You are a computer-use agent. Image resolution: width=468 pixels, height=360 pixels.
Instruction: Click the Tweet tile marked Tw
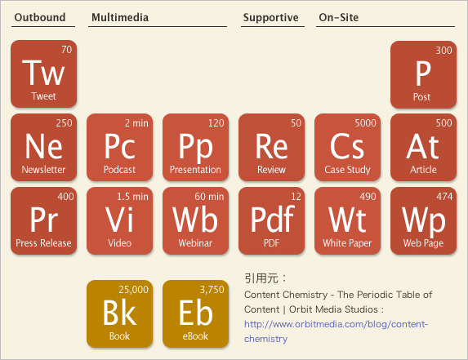click(43, 73)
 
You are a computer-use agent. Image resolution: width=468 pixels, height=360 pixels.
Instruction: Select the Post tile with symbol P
click(423, 74)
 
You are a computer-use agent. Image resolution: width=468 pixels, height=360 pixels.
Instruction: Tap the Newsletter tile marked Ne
click(43, 147)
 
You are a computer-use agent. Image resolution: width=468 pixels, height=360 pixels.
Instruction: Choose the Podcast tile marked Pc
click(120, 147)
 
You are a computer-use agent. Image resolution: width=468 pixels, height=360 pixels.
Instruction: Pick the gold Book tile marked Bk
click(120, 313)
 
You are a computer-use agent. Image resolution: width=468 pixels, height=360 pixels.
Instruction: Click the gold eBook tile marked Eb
click(195, 313)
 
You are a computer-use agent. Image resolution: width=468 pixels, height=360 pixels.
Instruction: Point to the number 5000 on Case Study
click(365, 123)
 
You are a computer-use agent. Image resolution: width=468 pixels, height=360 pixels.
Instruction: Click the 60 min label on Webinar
click(209, 197)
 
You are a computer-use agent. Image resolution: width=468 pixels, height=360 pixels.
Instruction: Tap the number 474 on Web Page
click(444, 197)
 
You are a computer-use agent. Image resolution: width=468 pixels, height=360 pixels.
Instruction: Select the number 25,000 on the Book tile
click(133, 290)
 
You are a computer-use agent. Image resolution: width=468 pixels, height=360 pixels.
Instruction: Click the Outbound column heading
click(40, 17)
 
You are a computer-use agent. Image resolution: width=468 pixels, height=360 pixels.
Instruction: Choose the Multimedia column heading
click(120, 17)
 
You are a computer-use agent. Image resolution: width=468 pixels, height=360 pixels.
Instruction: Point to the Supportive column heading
click(270, 18)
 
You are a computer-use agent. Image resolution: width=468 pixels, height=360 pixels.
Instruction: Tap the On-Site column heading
click(339, 17)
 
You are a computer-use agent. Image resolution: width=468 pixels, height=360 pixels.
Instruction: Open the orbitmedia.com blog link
click(336, 331)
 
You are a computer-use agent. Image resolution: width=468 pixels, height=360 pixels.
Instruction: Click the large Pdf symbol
click(272, 220)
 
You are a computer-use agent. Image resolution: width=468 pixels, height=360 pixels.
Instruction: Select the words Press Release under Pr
click(43, 243)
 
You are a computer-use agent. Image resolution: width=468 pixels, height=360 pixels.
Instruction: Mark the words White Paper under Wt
click(347, 243)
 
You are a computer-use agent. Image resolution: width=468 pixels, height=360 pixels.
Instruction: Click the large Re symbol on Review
click(272, 146)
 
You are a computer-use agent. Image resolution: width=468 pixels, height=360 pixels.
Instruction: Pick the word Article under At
click(423, 170)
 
